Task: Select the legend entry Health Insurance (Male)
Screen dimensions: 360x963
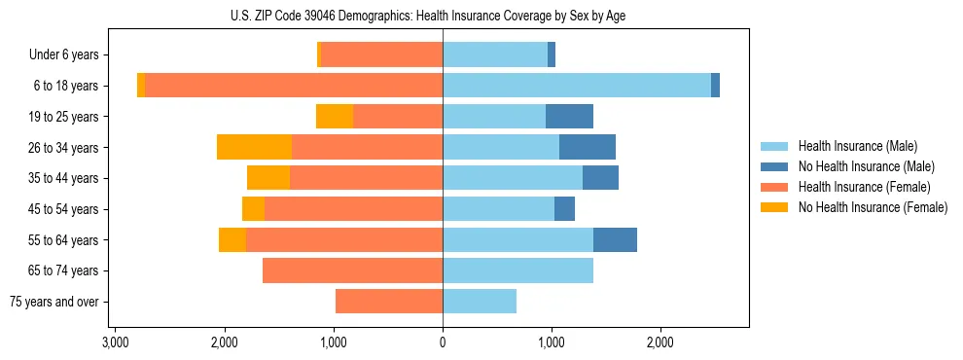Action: [857, 146]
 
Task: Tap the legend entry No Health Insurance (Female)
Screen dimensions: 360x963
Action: [872, 207]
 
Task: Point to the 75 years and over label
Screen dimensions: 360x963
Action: [54, 302]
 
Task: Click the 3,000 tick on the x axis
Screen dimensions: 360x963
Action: [116, 343]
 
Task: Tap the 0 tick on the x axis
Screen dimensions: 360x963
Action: [443, 343]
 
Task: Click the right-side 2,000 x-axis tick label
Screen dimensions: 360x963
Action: [660, 343]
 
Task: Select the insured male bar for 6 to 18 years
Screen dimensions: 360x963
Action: [577, 86]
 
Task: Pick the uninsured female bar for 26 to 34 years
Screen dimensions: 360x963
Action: [254, 147]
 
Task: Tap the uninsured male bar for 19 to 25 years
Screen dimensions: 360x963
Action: [569, 116]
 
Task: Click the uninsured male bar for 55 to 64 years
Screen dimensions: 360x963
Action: [615, 239]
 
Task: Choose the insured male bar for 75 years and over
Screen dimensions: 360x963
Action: [480, 302]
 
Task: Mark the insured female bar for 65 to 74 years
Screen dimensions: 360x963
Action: [352, 270]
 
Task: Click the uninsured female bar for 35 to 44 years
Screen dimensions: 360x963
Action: [268, 178]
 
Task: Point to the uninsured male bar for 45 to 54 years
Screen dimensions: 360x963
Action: [564, 208]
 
